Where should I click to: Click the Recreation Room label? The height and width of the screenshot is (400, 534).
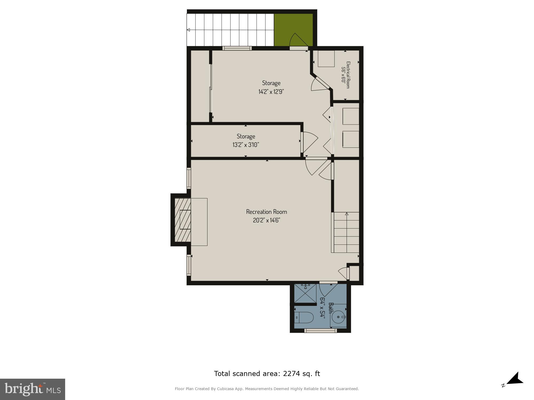pyautogui.click(x=266, y=212)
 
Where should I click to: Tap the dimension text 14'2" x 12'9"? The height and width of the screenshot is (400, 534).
pyautogui.click(x=271, y=92)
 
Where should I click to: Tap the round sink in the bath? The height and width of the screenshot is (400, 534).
pyautogui.click(x=339, y=317)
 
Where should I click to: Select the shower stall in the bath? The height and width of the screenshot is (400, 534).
pyautogui.click(x=305, y=293)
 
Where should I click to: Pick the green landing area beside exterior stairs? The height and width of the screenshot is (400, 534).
pyautogui.click(x=293, y=29)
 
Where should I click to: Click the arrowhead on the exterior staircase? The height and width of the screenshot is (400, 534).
pyautogui.click(x=188, y=30)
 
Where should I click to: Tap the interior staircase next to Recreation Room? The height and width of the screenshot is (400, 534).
pyautogui.click(x=346, y=232)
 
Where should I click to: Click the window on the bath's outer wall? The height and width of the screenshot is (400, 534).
pyautogui.click(x=320, y=331)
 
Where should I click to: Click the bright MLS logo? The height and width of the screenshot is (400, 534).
pyautogui.click(x=32, y=389)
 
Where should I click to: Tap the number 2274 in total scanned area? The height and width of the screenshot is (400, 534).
pyautogui.click(x=291, y=374)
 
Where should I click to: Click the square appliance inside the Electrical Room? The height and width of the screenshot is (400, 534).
pyautogui.click(x=326, y=59)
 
